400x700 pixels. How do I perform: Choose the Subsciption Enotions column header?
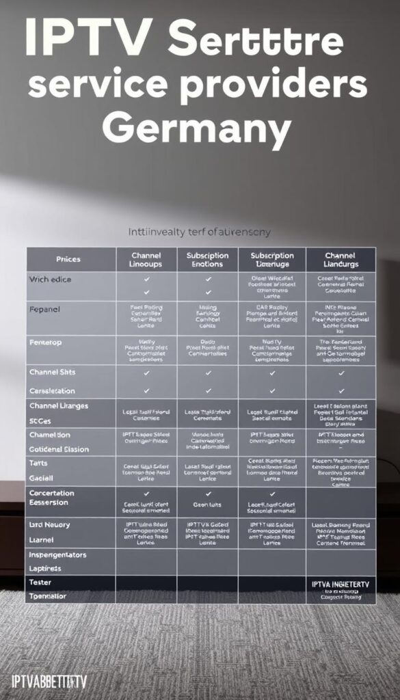click(x=208, y=259)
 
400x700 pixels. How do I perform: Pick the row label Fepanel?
click(x=45, y=309)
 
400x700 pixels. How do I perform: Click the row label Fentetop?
click(x=46, y=341)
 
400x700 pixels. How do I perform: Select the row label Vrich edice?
click(x=50, y=280)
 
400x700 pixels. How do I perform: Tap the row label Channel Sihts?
click(x=53, y=373)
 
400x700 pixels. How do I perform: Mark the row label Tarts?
click(x=38, y=463)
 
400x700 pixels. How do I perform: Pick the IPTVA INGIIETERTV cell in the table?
click(x=341, y=584)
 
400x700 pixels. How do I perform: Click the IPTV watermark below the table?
click(x=50, y=682)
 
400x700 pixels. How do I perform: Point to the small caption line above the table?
click(x=200, y=232)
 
